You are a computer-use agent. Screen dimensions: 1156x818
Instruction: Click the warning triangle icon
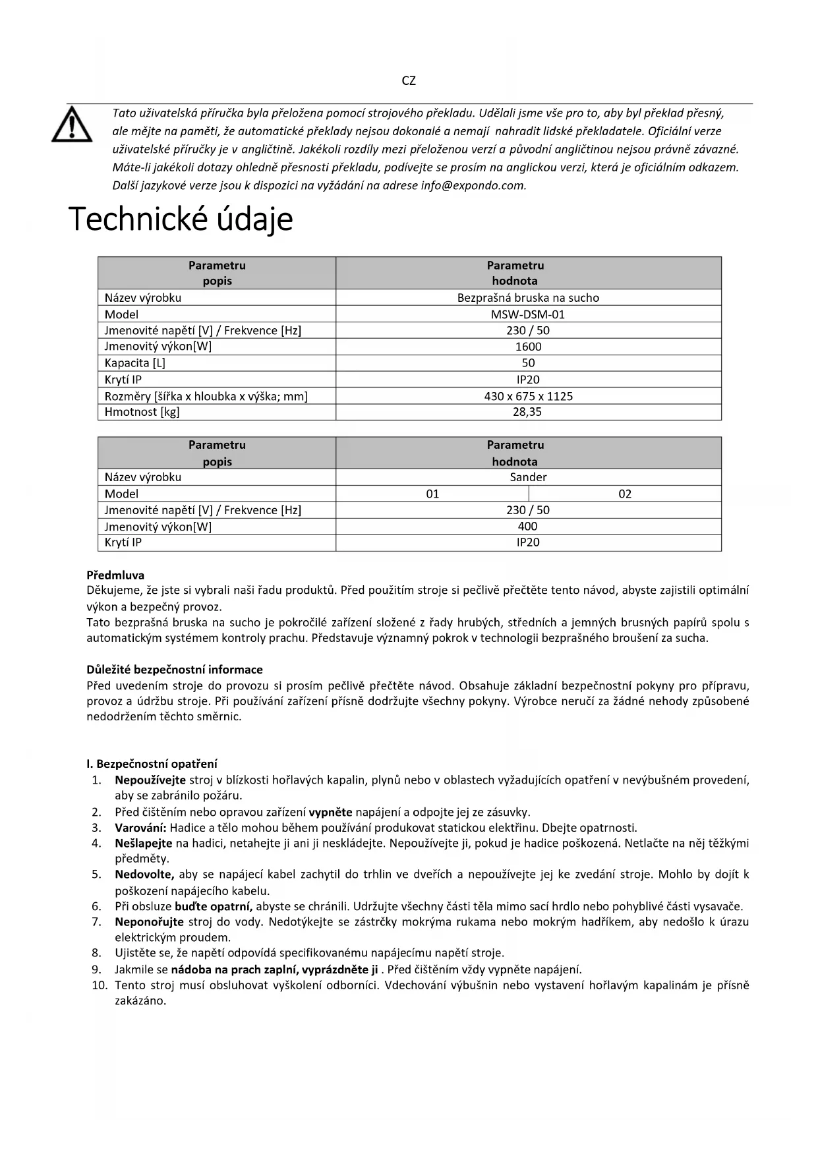(72, 124)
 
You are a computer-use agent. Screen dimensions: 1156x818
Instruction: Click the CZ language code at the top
(409, 81)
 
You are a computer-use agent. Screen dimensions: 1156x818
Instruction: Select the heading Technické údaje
(181, 219)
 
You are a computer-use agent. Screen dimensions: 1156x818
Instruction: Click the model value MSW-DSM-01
(528, 314)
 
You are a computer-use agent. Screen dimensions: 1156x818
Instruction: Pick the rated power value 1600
(528, 347)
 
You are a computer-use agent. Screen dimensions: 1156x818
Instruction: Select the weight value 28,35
(528, 412)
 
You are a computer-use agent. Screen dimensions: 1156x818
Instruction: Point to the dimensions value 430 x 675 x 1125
(528, 396)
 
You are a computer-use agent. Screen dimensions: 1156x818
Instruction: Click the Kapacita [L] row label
(136, 363)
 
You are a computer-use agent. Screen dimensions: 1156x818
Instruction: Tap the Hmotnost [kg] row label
(142, 412)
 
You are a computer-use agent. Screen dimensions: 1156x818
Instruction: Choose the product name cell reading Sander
(528, 477)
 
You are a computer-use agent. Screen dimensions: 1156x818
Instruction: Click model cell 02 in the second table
(625, 494)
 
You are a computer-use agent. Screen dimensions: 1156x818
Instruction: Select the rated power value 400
(528, 526)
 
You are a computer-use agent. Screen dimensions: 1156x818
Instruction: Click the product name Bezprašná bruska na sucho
(528, 298)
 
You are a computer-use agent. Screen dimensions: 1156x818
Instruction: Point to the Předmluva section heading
(115, 575)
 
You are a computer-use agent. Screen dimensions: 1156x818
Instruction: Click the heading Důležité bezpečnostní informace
(175, 670)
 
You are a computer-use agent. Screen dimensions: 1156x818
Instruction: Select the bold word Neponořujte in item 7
(149, 922)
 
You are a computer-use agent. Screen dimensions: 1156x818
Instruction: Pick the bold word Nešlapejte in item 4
(143, 843)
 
